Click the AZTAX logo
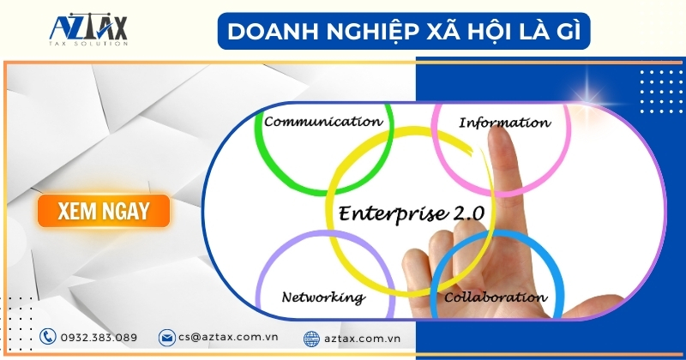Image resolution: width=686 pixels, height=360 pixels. click(88, 30)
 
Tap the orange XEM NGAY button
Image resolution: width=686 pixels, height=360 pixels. click(104, 211)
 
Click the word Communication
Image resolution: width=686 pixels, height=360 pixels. click(323, 121)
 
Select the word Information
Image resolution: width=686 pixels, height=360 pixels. click(504, 123)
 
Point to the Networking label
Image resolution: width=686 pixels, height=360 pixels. click(323, 297)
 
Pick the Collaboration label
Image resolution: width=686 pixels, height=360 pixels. click(496, 297)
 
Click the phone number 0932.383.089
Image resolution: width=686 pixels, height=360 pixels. click(99, 338)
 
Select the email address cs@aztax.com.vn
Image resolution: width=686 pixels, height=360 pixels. click(228, 337)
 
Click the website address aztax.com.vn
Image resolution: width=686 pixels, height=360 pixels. click(362, 338)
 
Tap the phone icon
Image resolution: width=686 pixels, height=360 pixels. click(48, 337)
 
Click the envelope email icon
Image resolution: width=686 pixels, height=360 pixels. click(166, 338)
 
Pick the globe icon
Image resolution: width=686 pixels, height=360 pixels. click(311, 339)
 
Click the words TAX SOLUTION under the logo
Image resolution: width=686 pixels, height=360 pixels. click(88, 44)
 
